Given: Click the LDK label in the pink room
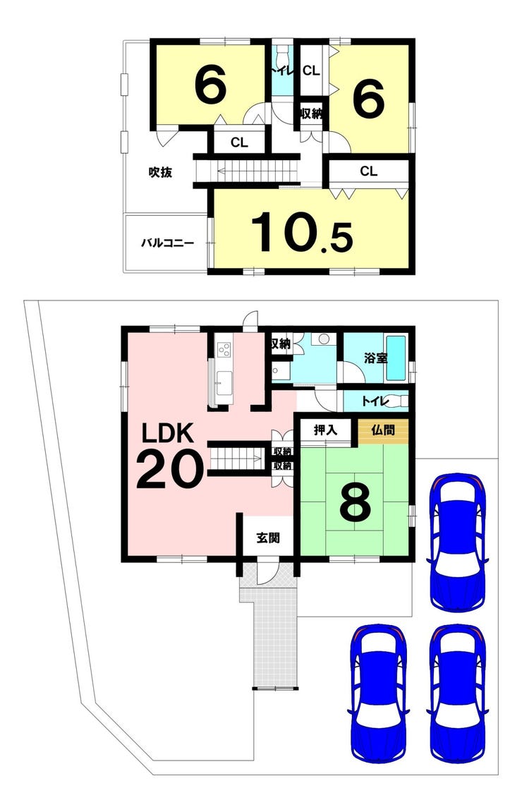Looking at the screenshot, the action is coord(168,433).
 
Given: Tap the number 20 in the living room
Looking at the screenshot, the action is coord(169,469).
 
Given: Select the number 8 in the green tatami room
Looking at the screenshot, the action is coord(356,502).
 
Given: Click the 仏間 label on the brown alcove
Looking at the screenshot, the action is coord(383,430).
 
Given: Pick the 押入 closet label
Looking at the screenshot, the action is coord(326,430).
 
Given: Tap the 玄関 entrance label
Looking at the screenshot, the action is coord(268,538).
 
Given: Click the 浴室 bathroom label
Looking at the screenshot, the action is coord(375,357).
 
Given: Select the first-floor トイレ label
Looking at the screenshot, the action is coord(374,401).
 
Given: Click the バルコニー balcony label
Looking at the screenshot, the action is coord(168,243).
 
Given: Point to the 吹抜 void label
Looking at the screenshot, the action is coord(160,172).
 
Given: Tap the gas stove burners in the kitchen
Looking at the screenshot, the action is coord(224,350).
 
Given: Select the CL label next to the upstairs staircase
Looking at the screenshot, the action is coord(239,142).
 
